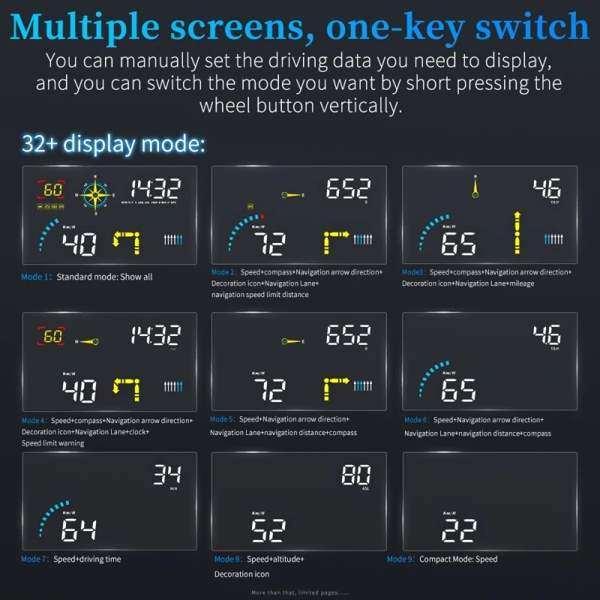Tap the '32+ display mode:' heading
point(114,143)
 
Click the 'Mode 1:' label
point(37,277)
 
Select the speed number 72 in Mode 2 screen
point(269,244)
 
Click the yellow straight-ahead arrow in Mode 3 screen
point(516,232)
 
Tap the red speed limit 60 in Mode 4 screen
point(52,337)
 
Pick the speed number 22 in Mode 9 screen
point(458,529)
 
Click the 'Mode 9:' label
point(401,559)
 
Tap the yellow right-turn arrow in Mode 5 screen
point(336,388)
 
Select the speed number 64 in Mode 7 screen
point(79,529)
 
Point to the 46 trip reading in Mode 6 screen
point(547,334)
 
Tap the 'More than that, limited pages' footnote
point(300,592)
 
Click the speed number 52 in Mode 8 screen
point(268,529)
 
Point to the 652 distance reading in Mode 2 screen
point(348,190)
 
